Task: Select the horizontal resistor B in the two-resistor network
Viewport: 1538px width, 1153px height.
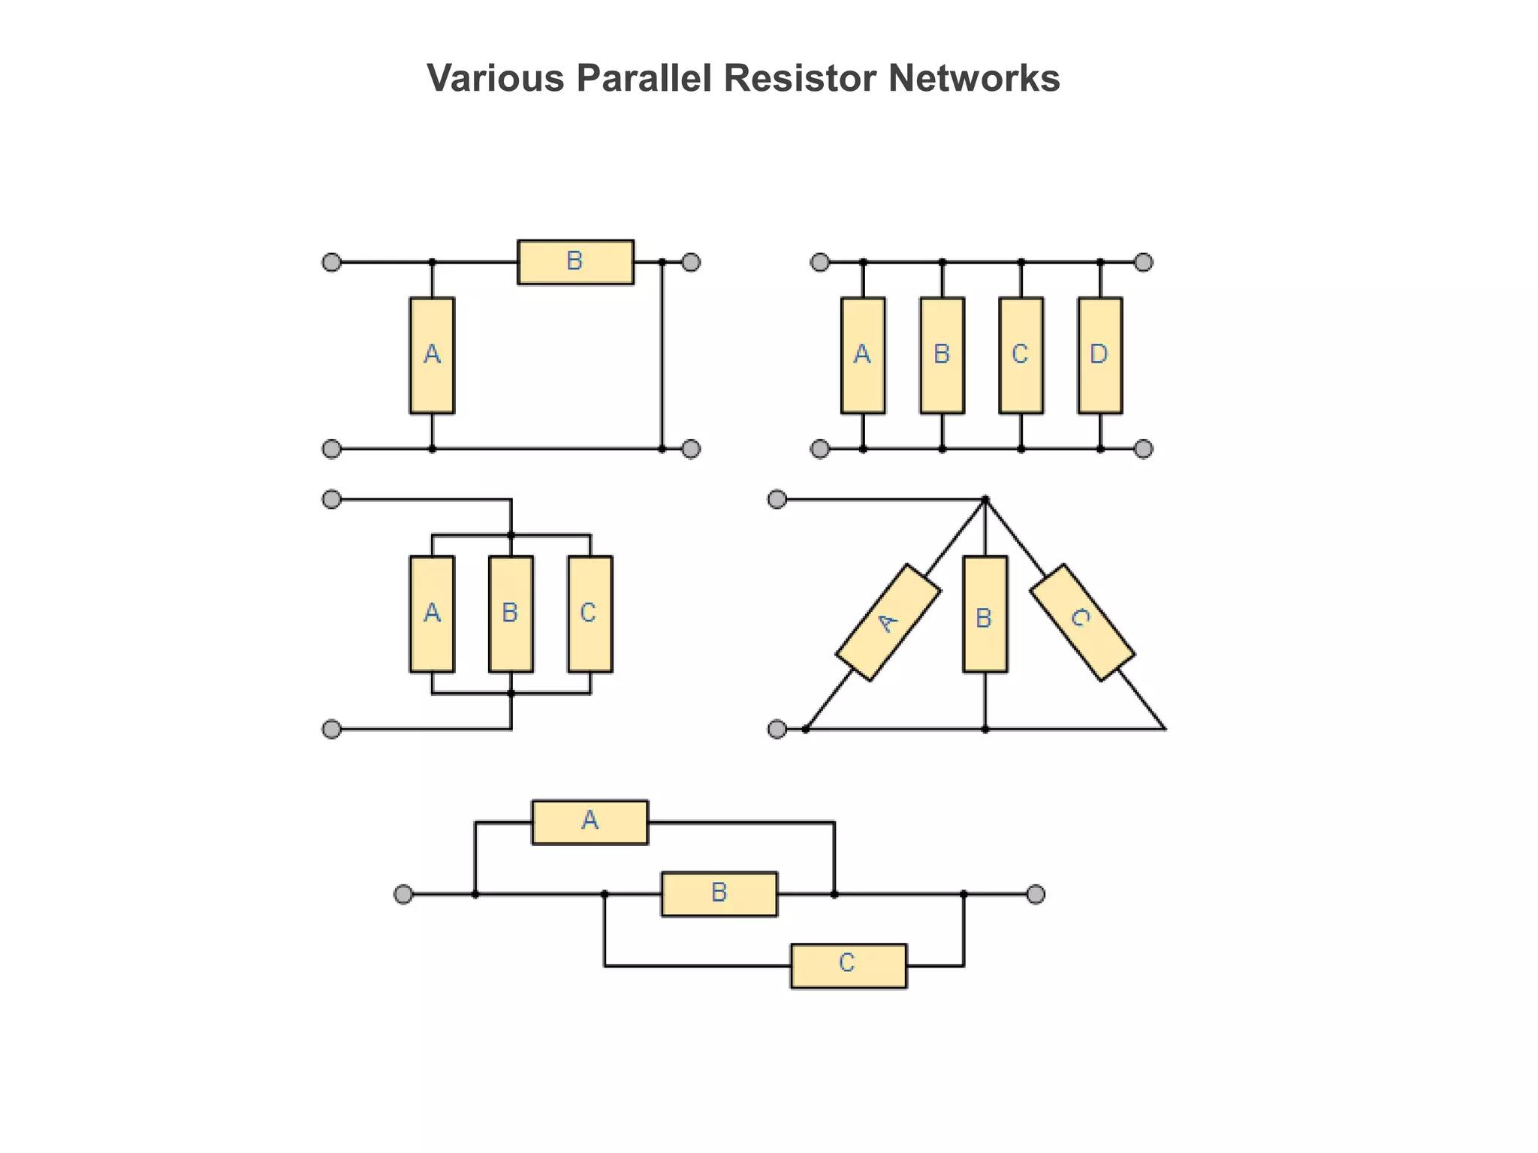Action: tap(575, 262)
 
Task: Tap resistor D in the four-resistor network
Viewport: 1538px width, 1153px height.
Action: tap(1099, 355)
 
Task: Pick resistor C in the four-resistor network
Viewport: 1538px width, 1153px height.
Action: tap(1021, 355)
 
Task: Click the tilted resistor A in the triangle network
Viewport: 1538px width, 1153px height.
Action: tap(888, 622)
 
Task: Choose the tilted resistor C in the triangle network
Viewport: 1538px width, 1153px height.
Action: tap(1081, 622)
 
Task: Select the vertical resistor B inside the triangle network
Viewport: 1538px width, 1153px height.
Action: tap(985, 614)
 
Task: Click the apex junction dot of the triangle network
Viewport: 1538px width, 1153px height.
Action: tap(985, 499)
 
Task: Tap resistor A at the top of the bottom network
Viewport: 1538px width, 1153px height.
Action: tap(590, 822)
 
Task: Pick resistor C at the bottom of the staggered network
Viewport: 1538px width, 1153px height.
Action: tap(849, 965)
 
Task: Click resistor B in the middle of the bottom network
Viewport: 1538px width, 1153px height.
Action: tap(719, 894)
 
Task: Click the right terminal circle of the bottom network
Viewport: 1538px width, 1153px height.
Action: tap(1036, 894)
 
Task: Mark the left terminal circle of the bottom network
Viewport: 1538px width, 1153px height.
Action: tap(403, 894)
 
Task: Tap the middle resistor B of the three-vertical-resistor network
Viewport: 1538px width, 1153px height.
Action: tap(511, 614)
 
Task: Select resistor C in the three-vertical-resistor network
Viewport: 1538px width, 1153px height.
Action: tap(590, 614)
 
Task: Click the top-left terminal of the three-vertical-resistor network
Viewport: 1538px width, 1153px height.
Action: tap(331, 499)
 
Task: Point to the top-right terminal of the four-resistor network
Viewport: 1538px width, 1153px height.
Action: tap(1143, 262)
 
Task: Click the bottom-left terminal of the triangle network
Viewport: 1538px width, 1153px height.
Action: tap(777, 729)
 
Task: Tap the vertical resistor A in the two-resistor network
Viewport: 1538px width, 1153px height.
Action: tap(432, 355)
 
